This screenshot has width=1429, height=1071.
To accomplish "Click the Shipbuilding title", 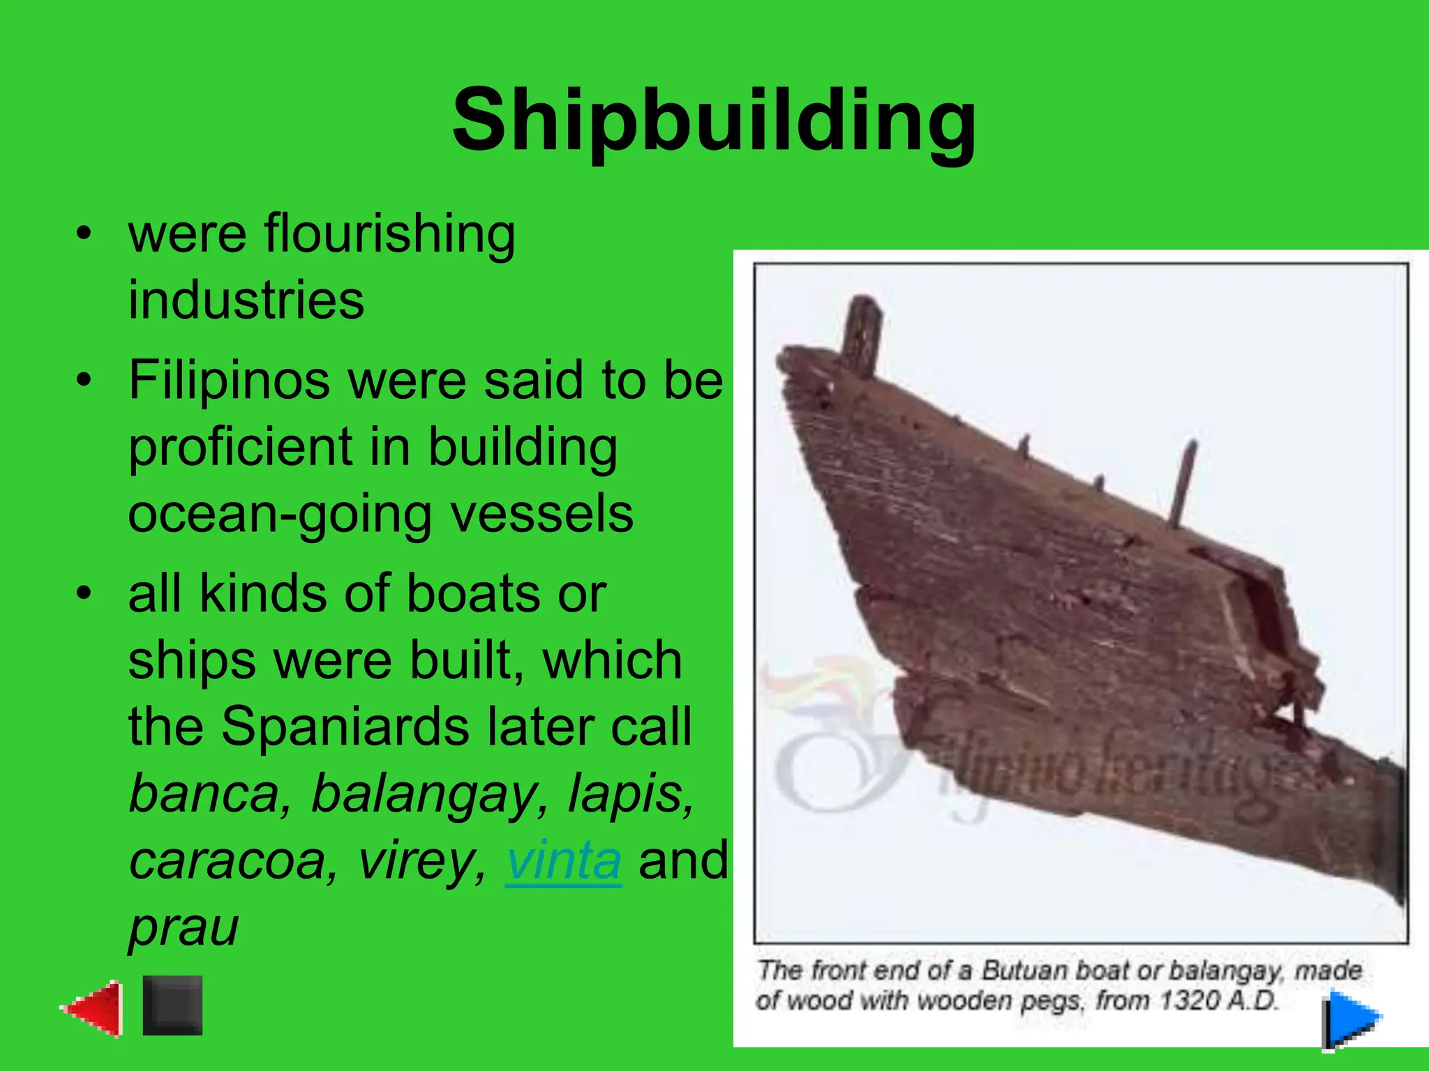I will (x=714, y=120).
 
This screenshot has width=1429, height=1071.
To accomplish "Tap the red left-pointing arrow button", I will (x=93, y=1008).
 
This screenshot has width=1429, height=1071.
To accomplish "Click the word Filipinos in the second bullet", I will (x=229, y=381).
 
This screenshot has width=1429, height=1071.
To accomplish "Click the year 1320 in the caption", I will (x=1189, y=1001).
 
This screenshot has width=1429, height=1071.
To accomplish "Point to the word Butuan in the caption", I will (x=1024, y=971).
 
